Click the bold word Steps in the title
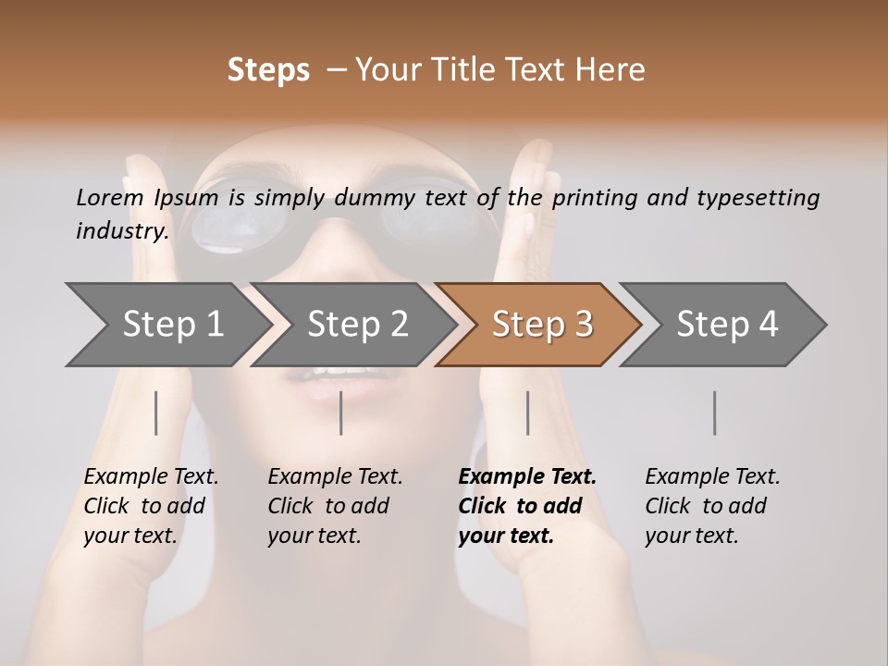coord(268,70)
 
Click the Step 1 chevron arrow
coord(166,324)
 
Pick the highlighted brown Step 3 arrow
coord(538,324)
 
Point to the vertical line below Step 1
coord(156,413)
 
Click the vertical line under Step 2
coord(341,413)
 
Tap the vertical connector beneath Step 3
coord(528,413)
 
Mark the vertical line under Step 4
coord(715,413)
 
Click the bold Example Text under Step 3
coord(527,476)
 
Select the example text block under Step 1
coord(151,505)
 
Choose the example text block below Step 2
coord(335,505)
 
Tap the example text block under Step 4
coord(712,505)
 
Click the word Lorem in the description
coord(110,197)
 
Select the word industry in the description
coord(121,231)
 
